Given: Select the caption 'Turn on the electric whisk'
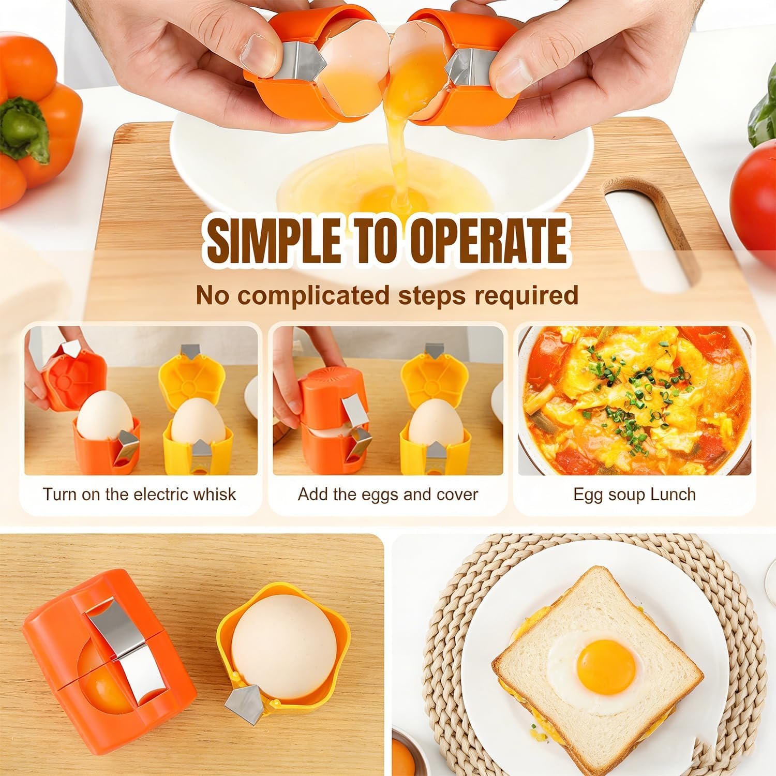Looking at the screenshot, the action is click(x=139, y=494).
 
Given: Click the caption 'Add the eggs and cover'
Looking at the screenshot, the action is click(x=387, y=494).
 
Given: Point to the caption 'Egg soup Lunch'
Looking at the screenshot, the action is click(x=634, y=495).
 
